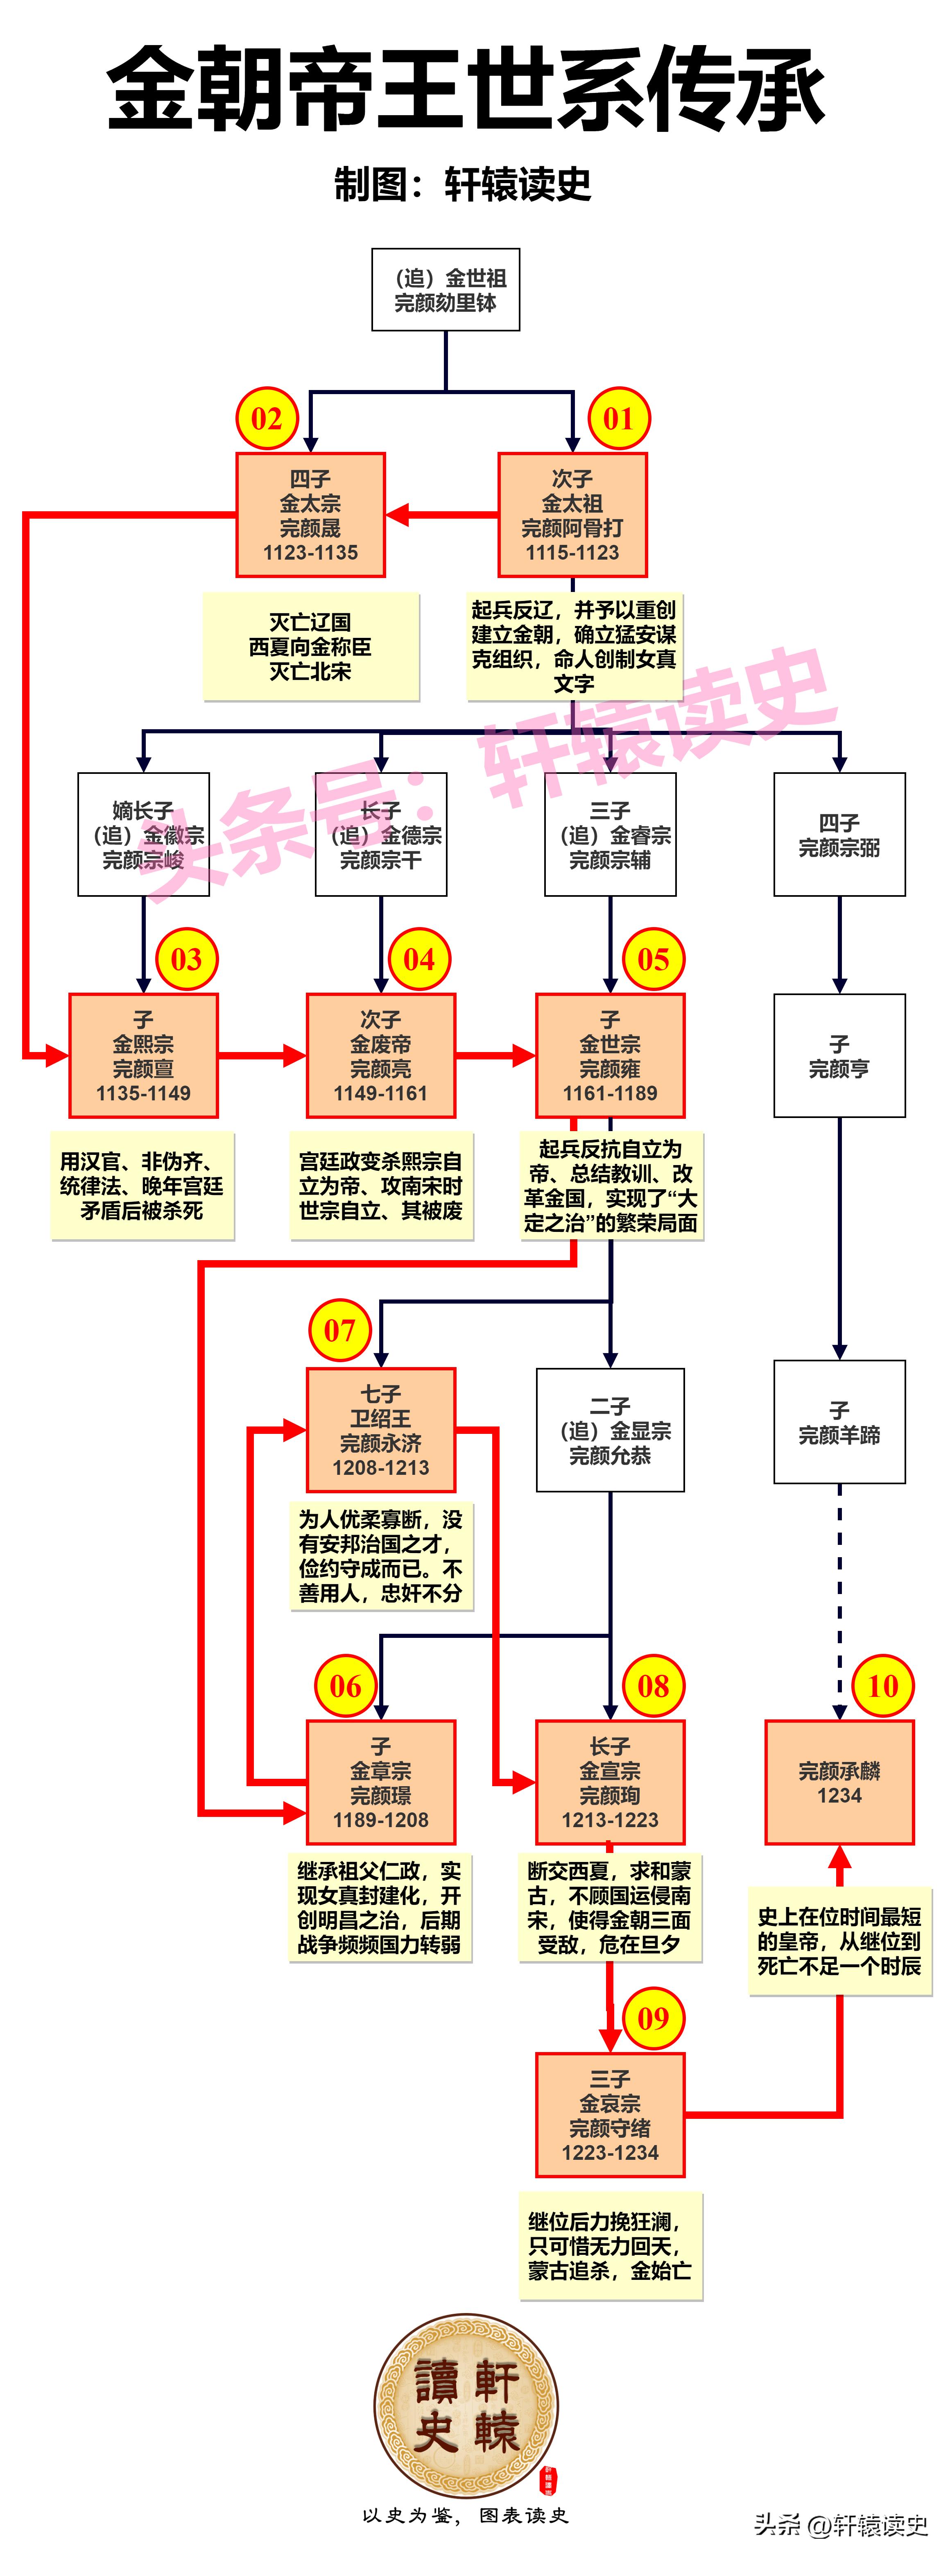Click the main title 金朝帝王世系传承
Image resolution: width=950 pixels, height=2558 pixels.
coord(466,87)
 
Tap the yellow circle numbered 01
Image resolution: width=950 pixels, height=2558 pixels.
coord(618,418)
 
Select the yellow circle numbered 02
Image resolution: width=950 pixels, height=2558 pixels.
coord(266,418)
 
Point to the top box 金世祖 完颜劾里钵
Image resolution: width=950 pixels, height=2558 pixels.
coord(446,290)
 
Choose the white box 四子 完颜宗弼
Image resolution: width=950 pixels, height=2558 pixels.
coord(839,834)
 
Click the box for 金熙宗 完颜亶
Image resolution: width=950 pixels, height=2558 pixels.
coord(143,1056)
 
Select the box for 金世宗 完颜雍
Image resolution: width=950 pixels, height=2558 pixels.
coord(609,1056)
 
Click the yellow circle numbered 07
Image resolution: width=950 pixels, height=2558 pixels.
coord(339,1330)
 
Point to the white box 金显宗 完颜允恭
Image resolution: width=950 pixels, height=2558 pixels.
coord(609,1430)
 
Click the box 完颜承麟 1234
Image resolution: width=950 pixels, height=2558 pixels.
coord(839,1782)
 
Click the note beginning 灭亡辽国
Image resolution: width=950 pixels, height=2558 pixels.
coord(311,646)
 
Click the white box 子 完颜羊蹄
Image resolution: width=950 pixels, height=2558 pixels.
coord(839,1422)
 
